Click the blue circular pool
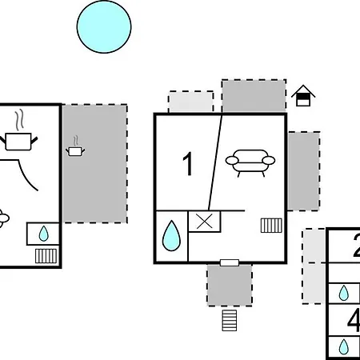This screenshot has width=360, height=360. [x=104, y=26]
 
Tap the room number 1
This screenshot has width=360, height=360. [x=188, y=164]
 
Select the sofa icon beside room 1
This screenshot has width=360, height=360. [x=250, y=163]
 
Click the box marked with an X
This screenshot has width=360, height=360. [x=205, y=222]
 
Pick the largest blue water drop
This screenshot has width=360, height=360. [x=171, y=236]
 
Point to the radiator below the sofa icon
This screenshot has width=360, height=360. [x=271, y=226]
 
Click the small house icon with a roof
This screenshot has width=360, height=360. [x=303, y=96]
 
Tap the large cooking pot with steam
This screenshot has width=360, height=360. [x=18, y=134]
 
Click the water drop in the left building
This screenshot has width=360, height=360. [x=44, y=234]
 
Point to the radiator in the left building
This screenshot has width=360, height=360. [x=46, y=256]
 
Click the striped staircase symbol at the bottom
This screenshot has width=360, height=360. [x=230, y=320]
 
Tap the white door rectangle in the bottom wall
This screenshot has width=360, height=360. [x=230, y=262]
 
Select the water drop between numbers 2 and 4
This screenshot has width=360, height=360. [x=344, y=293]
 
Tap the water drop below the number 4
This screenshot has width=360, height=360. [x=344, y=346]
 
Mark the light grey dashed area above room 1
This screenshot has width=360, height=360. [x=191, y=102]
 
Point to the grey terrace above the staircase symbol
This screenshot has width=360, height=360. [x=230, y=285]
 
